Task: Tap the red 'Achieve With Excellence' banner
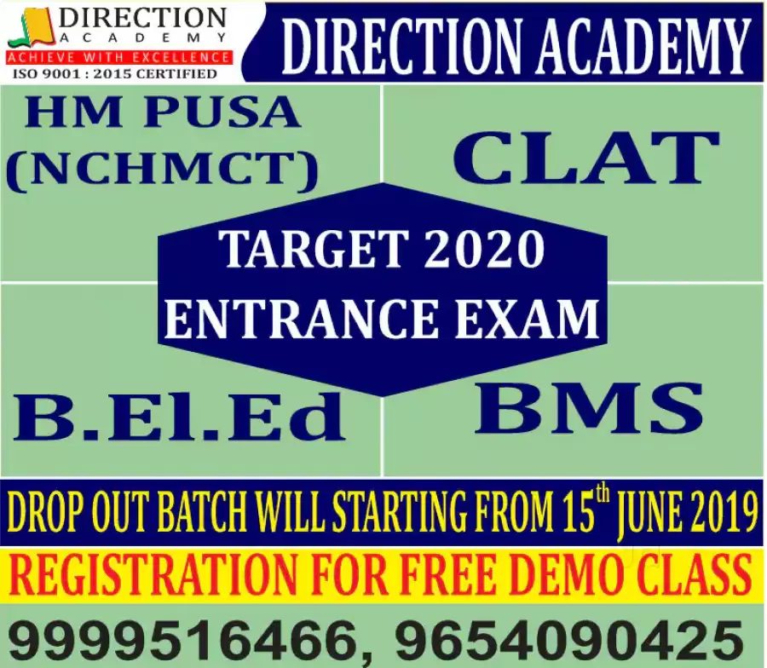(118, 58)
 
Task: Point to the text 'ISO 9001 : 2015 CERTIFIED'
(114, 74)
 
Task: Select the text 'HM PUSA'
(162, 112)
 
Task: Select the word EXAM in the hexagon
(527, 319)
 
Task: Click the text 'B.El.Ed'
(180, 416)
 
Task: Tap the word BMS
(588, 408)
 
